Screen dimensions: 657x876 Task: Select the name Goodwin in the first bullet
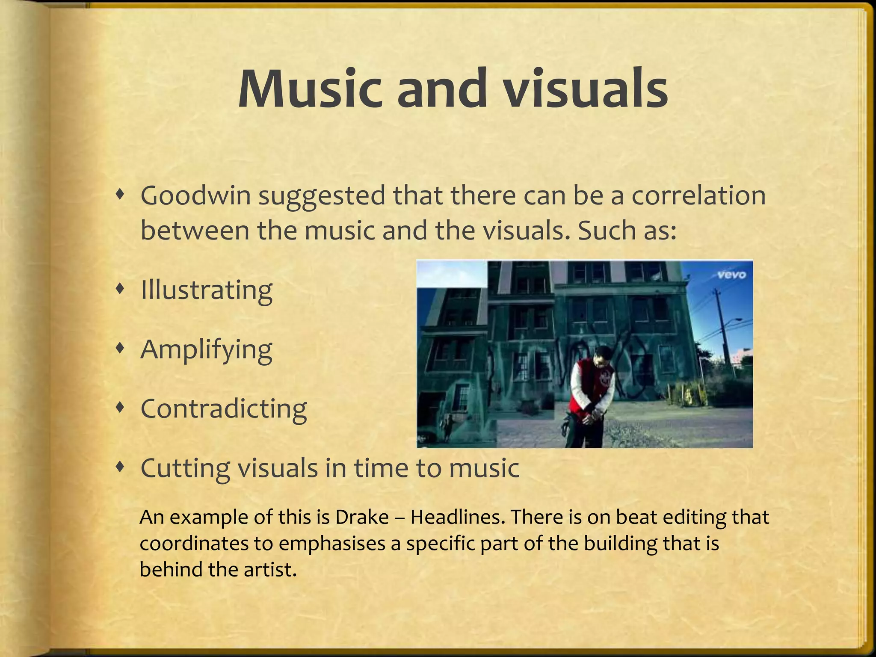point(195,196)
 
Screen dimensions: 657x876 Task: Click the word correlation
point(698,196)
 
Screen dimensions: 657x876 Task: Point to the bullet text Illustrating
point(206,290)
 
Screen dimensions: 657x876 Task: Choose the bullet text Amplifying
point(206,350)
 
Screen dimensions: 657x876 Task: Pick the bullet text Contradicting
point(223,408)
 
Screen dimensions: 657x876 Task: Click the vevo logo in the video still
point(731,275)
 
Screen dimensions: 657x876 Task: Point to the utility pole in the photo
point(723,329)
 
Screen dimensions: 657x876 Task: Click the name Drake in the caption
point(361,518)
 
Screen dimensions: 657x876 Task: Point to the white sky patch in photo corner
point(452,274)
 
